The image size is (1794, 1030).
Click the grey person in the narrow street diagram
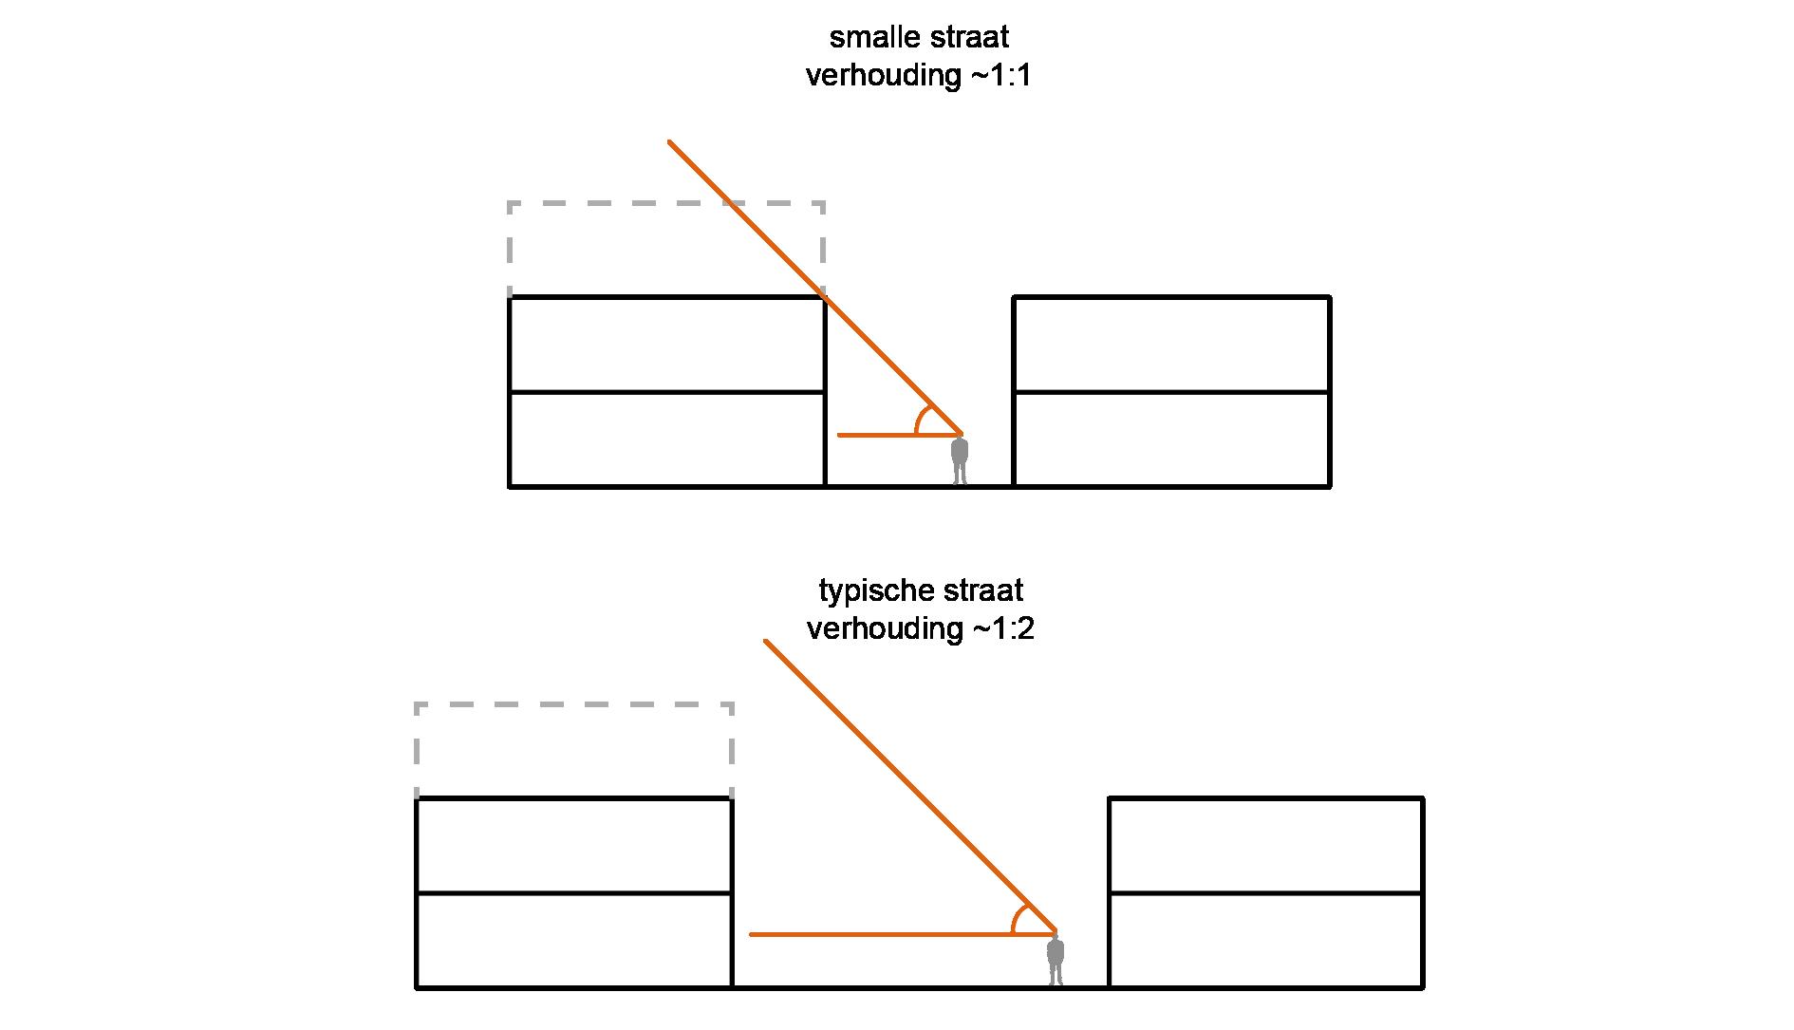[960, 460]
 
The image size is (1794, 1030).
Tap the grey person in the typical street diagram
[1055, 961]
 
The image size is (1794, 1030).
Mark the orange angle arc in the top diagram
[920, 419]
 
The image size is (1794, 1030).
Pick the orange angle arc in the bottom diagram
[1017, 918]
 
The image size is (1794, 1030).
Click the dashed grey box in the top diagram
[665, 204]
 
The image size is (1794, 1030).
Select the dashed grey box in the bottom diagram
[573, 705]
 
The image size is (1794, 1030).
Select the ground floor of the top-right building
[1171, 439]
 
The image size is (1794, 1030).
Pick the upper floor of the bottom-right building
[1265, 845]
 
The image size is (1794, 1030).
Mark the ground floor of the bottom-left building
[573, 940]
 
